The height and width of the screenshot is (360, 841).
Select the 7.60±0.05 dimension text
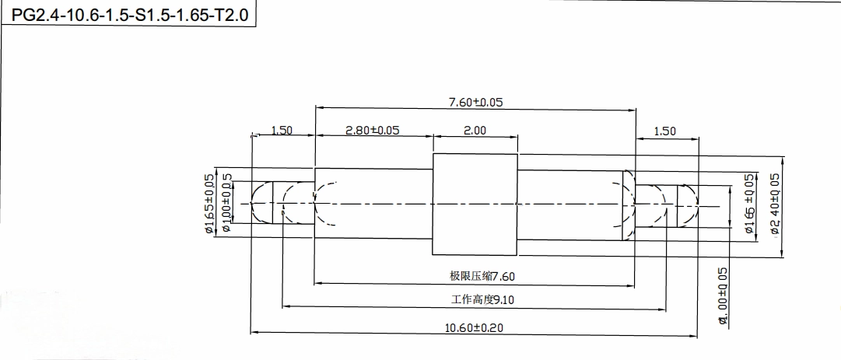(x=475, y=102)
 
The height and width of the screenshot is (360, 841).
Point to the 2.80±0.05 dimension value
(x=372, y=130)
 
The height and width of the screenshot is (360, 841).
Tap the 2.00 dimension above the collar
(x=475, y=130)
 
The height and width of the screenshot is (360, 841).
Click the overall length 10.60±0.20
(x=474, y=327)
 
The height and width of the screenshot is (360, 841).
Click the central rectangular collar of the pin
(x=475, y=204)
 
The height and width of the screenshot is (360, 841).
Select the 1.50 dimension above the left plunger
(x=282, y=130)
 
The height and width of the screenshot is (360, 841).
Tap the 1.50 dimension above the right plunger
(x=665, y=131)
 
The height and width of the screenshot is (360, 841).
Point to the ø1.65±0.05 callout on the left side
(x=209, y=204)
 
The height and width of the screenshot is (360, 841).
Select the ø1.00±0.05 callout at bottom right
(x=723, y=295)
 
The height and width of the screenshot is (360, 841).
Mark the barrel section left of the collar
(x=373, y=204)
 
